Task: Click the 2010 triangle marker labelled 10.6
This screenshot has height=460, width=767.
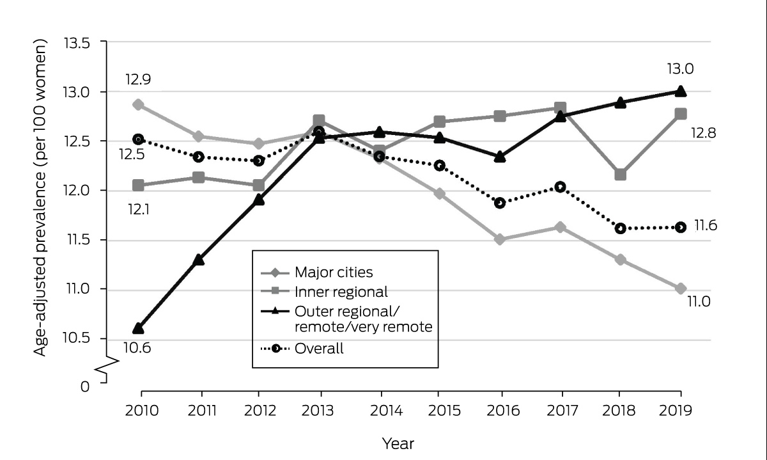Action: point(138,328)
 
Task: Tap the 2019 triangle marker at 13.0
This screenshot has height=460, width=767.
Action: point(681,91)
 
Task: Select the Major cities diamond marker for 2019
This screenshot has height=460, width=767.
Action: point(681,289)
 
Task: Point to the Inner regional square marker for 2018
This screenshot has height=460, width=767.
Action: point(621,175)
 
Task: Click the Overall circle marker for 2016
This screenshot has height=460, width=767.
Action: point(500,203)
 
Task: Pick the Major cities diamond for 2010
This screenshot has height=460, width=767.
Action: point(138,104)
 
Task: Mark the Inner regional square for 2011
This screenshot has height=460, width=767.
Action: point(199,178)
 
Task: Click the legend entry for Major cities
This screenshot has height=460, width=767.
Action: point(317,273)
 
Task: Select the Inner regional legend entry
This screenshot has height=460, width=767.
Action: point(324,292)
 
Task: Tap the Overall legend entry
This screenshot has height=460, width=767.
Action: point(302,349)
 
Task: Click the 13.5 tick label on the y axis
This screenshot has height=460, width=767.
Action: point(77,44)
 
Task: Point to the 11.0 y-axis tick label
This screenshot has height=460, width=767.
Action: point(78,289)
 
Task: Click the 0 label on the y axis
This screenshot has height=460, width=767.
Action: point(85,386)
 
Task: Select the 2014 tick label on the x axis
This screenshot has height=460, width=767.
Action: point(386,410)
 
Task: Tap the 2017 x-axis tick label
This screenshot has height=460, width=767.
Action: point(562,410)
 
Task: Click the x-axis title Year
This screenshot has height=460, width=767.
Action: point(398,443)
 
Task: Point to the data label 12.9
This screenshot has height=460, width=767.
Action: point(138,79)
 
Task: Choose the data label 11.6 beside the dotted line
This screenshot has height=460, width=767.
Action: point(706,226)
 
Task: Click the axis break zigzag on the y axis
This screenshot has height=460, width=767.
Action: point(107,365)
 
